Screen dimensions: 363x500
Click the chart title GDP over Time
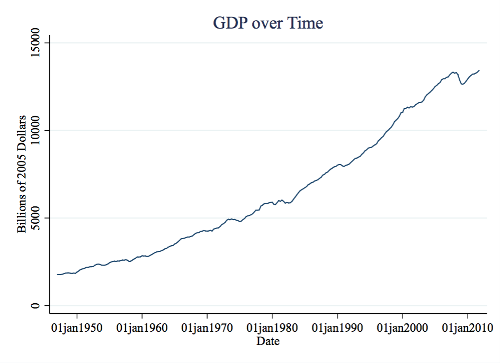(267, 23)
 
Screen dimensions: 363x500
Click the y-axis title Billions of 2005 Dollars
(22, 173)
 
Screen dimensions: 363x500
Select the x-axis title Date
(267, 341)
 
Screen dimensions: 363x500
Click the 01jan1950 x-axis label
(77, 328)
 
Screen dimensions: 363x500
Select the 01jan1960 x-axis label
(142, 328)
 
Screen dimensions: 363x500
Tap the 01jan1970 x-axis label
(207, 328)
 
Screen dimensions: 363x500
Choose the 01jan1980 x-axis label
(272, 328)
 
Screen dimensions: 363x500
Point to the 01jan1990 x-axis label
(337, 328)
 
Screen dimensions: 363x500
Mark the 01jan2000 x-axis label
(403, 328)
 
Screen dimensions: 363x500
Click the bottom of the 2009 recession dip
(463, 84)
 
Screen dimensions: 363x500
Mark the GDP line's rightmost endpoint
(479, 70)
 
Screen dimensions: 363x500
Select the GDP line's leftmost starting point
(57, 274)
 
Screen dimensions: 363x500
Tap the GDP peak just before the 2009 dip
(454, 72)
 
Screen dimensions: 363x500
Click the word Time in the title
(304, 23)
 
